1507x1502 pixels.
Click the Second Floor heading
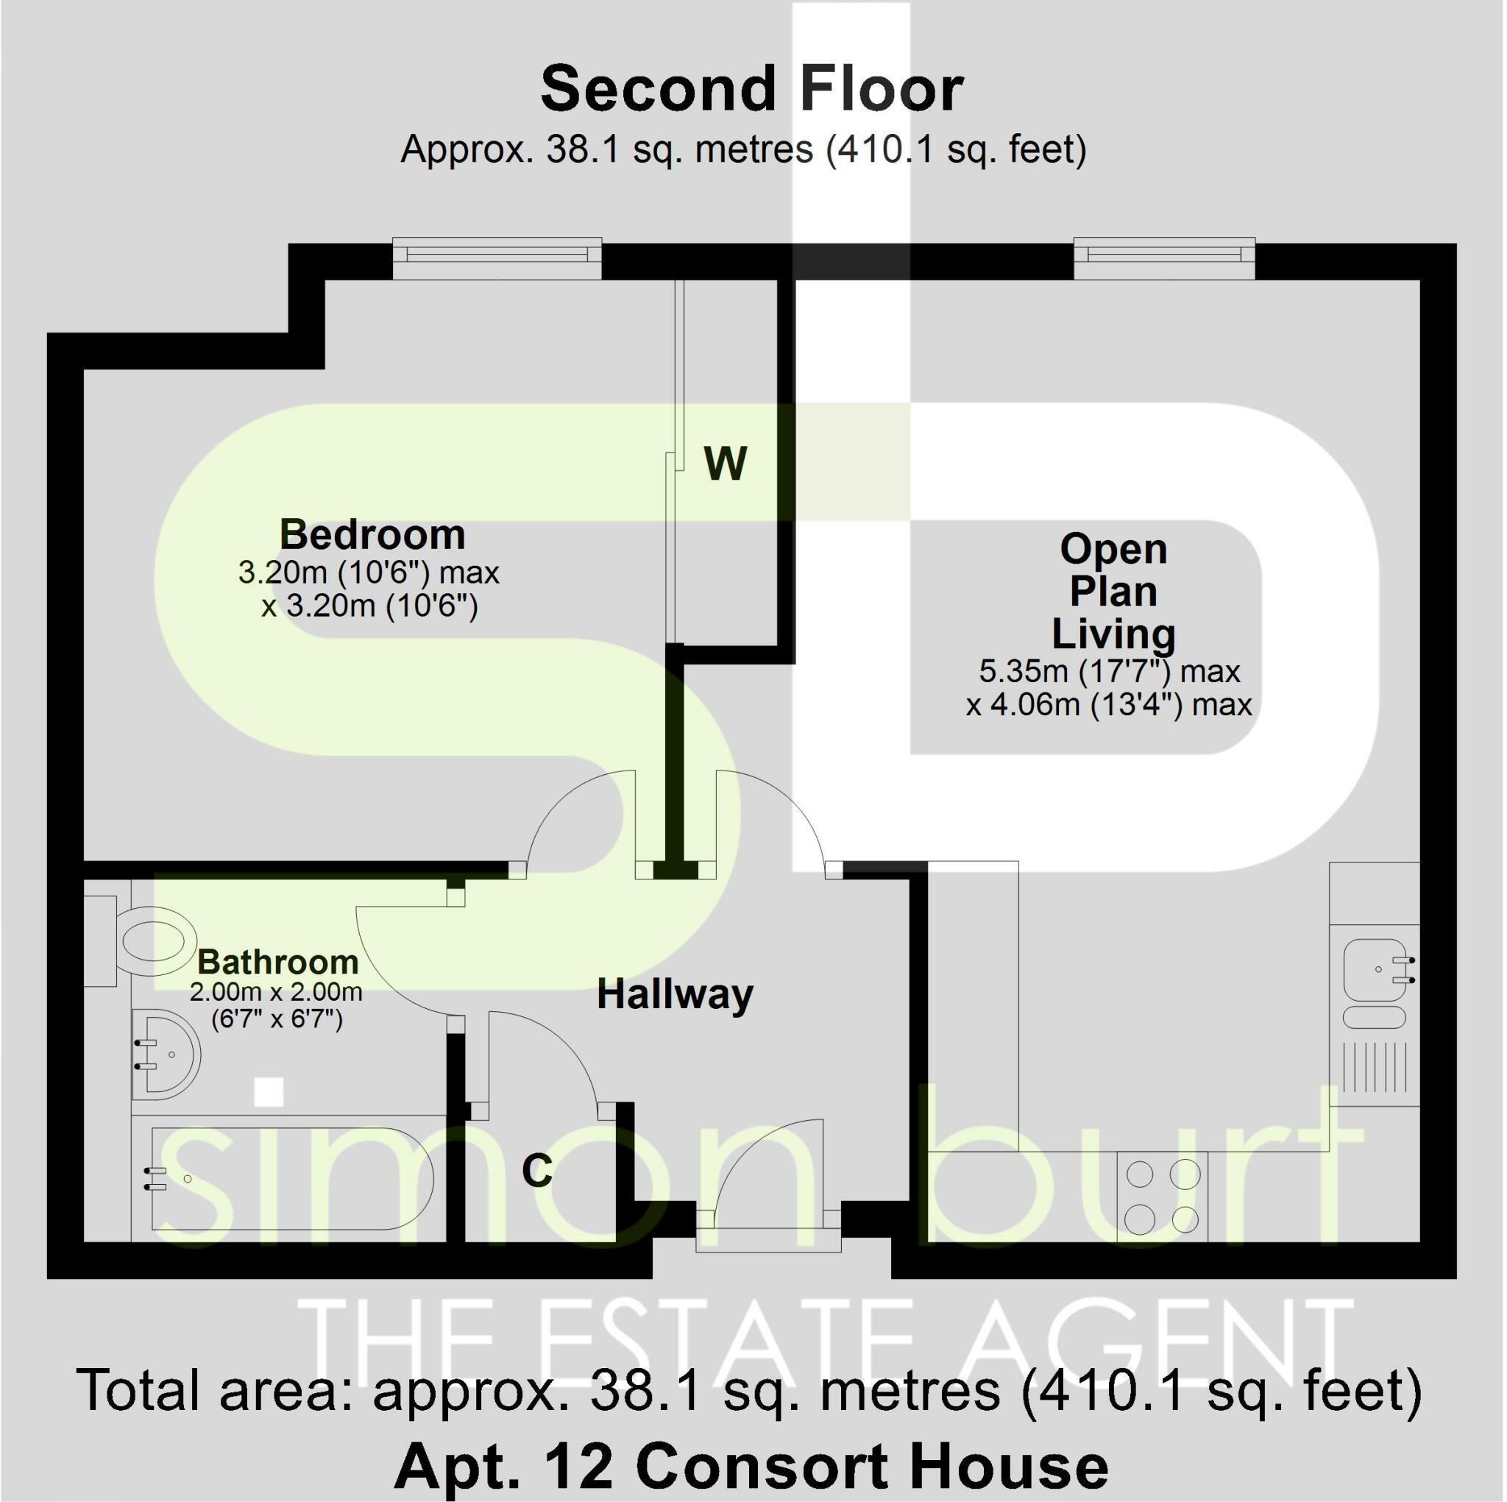point(752,89)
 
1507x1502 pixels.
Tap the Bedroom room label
point(372,534)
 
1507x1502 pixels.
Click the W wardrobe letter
point(726,464)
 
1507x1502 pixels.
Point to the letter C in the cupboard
point(536,1169)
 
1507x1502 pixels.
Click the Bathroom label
point(277,961)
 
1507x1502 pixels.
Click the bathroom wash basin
point(166,1055)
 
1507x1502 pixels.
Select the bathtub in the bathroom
point(288,1178)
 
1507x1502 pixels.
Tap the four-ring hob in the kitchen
point(1162,1196)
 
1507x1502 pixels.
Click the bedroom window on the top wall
point(497,258)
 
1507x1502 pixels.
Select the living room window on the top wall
point(1164,258)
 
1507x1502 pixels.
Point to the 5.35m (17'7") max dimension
point(1109,671)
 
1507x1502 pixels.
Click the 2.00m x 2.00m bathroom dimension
point(276,993)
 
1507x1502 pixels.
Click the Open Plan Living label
point(1113,592)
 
